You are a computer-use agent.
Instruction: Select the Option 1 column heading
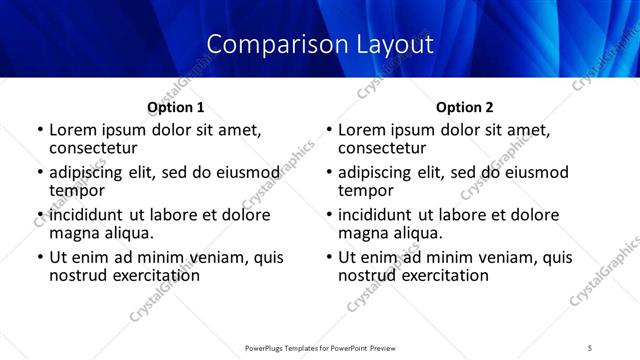[x=175, y=107]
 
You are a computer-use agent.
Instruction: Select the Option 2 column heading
[x=464, y=107]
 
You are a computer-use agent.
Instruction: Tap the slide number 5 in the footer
[x=590, y=347]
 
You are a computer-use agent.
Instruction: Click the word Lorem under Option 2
[x=361, y=130]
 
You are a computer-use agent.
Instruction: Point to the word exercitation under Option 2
[x=440, y=274]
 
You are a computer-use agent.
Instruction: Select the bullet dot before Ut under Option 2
[x=329, y=258]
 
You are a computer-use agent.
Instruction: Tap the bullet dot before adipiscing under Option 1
[x=40, y=173]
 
